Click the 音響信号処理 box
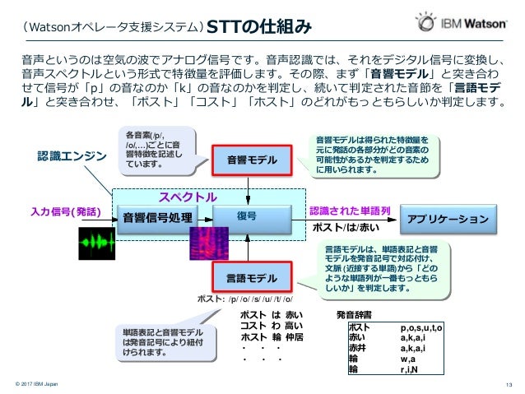pos(157,217)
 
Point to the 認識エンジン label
pos(72,155)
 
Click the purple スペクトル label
pos(188,197)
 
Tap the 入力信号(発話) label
pos(66,211)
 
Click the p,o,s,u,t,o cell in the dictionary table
pos(421,327)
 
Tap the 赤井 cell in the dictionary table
pos(358,348)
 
